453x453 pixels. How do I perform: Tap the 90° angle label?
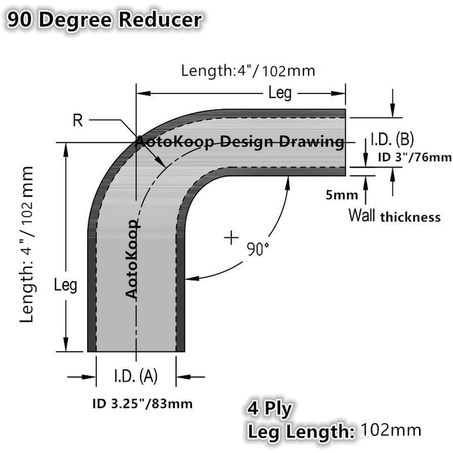coord(258,249)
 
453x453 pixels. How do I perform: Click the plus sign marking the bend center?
coord(230,238)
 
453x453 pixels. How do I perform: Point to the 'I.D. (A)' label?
coord(136,375)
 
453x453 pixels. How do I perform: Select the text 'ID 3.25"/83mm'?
coord(142,404)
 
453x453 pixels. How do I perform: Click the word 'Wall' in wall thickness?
coord(361,216)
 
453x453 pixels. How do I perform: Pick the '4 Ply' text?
coord(269,408)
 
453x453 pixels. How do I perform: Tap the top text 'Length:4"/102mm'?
coord(247,71)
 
